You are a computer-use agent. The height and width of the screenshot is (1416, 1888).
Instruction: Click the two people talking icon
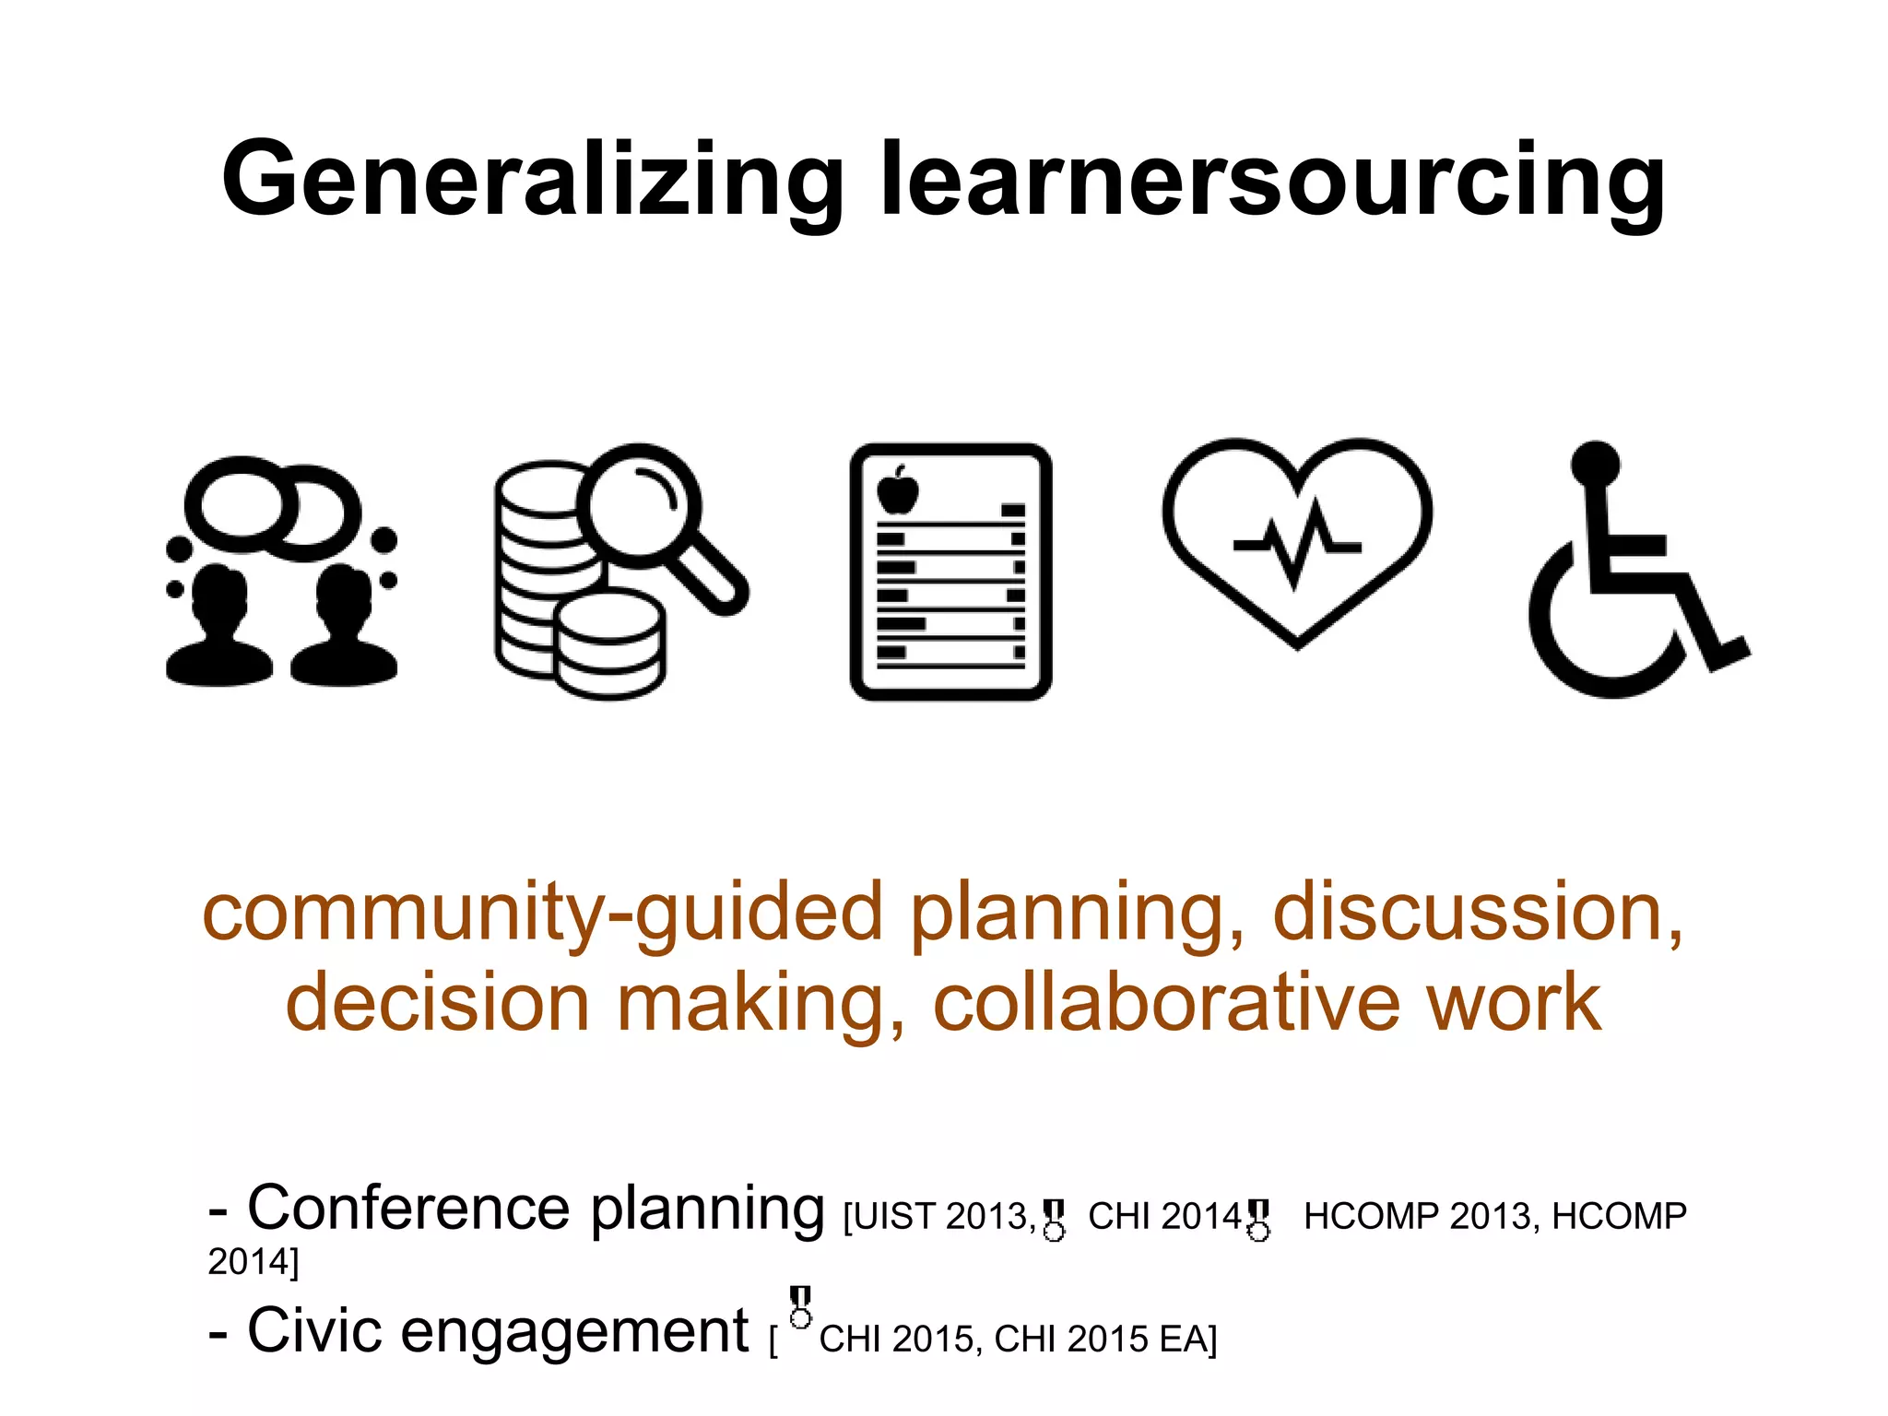pyautogui.click(x=281, y=572)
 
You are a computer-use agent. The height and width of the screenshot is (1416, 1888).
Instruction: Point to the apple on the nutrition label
pyautogui.click(x=897, y=490)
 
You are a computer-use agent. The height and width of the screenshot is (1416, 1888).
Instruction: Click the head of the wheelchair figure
pyautogui.click(x=1595, y=463)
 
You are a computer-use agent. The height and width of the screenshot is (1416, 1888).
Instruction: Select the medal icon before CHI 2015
pyautogui.click(x=801, y=1307)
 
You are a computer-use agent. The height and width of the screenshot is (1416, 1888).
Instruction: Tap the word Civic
pyautogui.click(x=314, y=1331)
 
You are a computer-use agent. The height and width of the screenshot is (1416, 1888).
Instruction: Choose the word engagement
pyautogui.click(x=575, y=1333)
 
